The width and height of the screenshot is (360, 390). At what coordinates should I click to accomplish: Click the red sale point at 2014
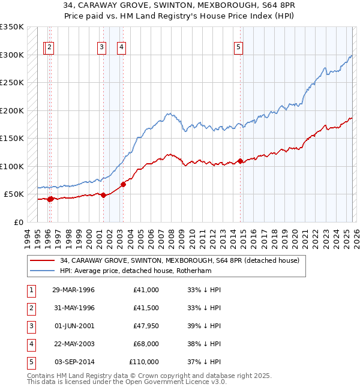coord(240,161)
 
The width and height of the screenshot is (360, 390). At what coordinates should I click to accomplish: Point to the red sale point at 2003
coord(123,184)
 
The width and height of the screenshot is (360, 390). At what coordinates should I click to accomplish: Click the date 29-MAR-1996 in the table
coord(73,290)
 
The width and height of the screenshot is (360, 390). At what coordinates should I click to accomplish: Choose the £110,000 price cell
coord(144,362)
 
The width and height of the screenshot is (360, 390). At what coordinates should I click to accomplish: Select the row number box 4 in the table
coord(31,344)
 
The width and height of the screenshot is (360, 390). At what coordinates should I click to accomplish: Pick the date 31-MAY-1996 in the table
coord(73,308)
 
